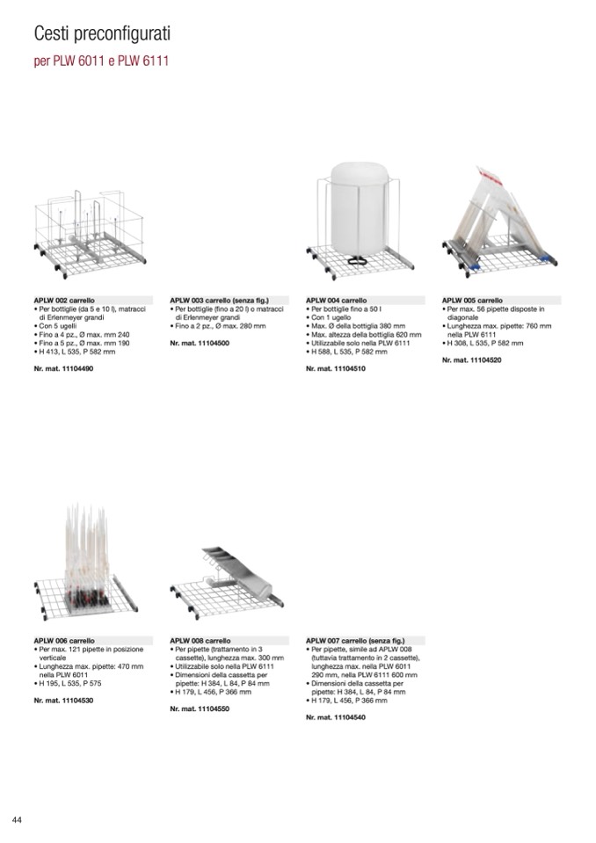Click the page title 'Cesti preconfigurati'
[102, 34]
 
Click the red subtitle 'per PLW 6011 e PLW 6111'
[101, 61]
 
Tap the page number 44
[17, 820]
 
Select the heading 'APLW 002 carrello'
[64, 300]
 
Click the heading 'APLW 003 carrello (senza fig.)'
[219, 300]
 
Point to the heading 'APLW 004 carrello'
[337, 300]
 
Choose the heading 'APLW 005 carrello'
[472, 300]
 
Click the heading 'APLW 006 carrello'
[64, 640]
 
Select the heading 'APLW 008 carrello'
[200, 640]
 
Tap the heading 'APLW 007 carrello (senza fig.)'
[355, 640]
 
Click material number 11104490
[63, 369]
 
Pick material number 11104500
[200, 343]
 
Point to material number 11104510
[336, 369]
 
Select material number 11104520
[472, 360]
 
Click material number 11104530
[63, 701]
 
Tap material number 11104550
[200, 709]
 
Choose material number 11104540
[336, 717]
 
